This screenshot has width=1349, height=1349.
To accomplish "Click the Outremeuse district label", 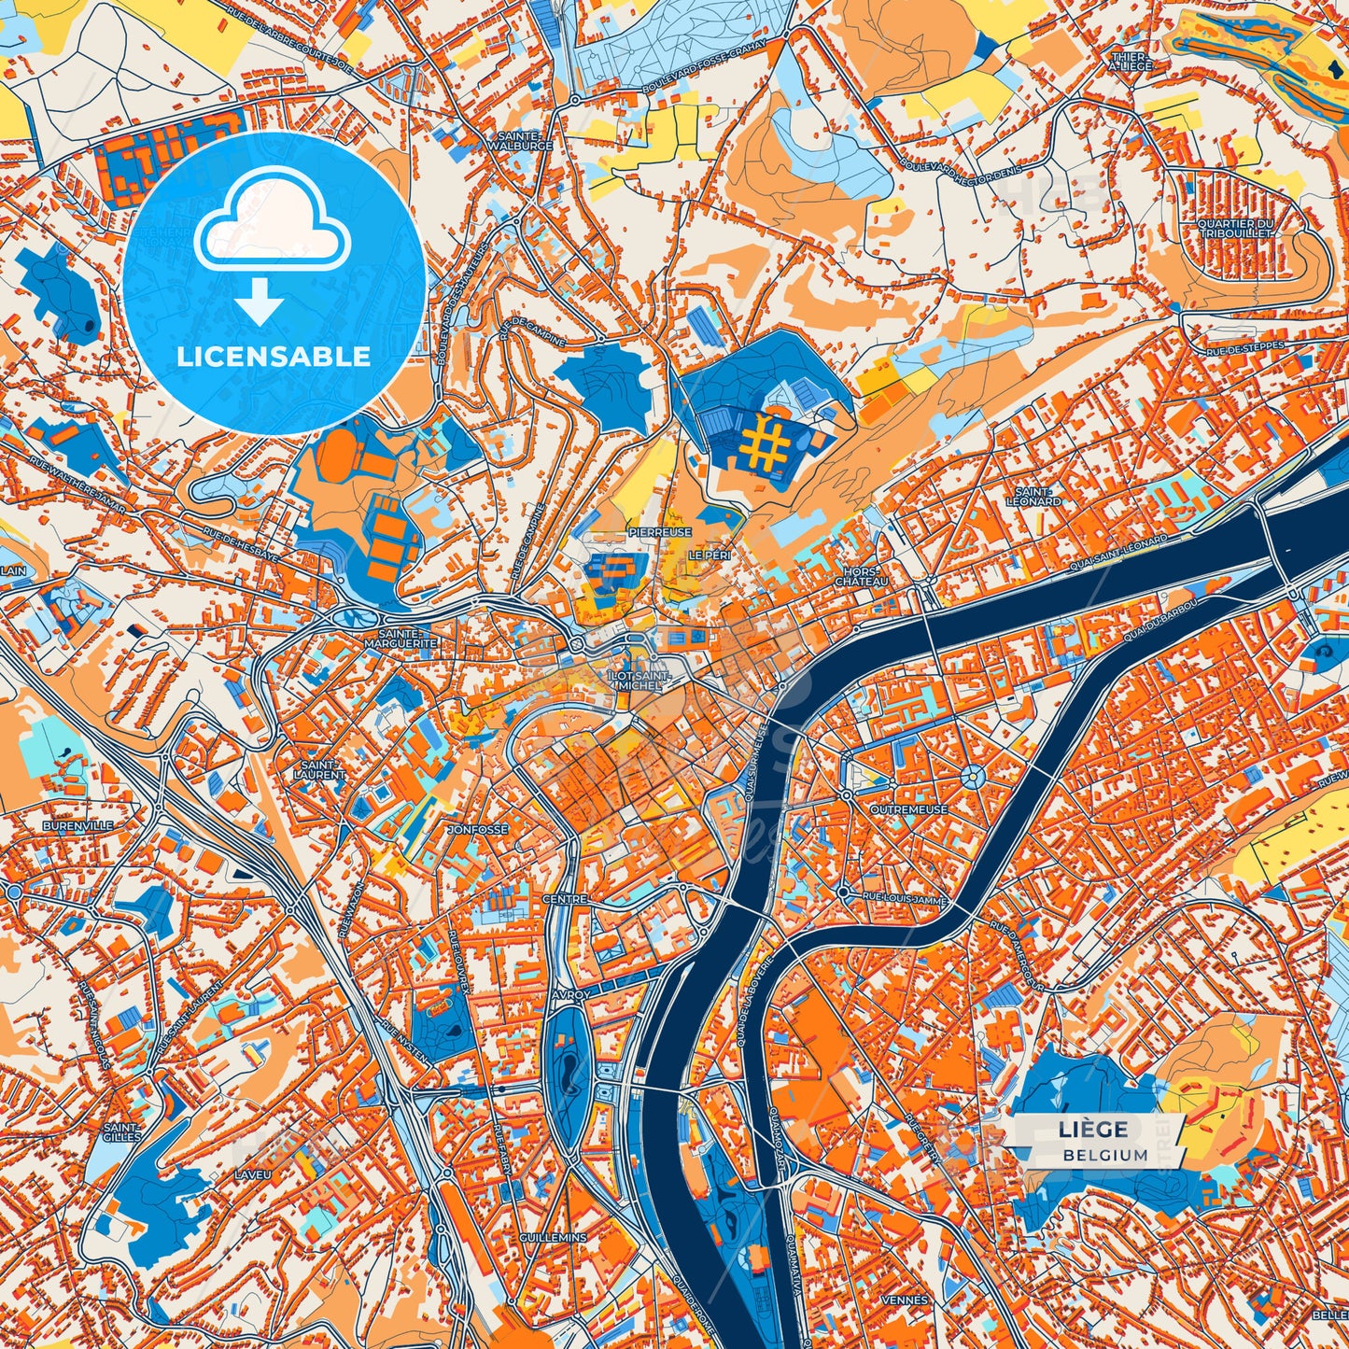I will point(908,809).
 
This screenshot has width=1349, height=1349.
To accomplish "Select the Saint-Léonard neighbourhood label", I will point(1033,497).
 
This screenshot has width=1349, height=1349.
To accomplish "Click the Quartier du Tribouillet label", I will point(1237,228).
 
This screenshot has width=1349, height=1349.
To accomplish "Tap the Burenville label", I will point(77,826).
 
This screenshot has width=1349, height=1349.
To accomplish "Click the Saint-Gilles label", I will point(122,1132).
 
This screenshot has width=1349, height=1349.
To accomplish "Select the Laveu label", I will point(253,1173).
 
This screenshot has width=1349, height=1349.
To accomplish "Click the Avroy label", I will point(570,995).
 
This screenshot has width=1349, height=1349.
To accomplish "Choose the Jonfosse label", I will point(479,829).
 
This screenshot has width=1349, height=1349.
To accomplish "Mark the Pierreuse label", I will point(660,531).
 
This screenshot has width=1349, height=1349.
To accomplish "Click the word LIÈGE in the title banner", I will point(1093,1129).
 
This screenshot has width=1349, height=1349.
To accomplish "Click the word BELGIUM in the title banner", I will point(1105,1155).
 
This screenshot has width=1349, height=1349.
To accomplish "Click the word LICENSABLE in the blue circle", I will point(274,356).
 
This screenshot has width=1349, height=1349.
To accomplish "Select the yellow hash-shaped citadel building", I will point(768,443).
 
